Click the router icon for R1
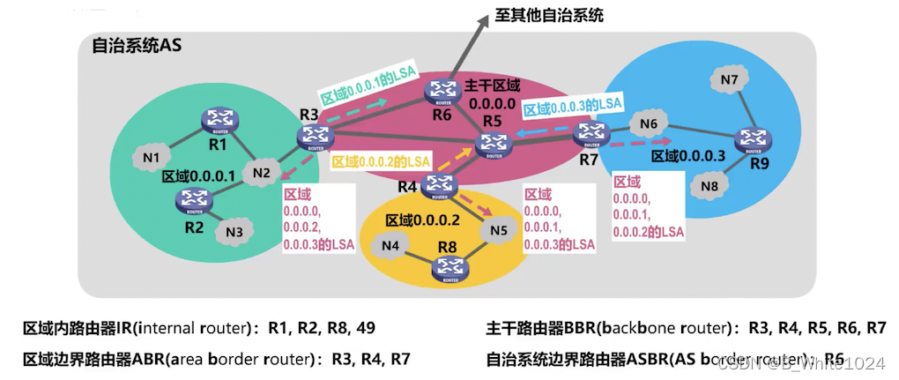(214, 120)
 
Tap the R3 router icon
(313, 136)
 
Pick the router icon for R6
(438, 91)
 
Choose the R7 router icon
(590, 135)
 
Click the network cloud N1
(151, 157)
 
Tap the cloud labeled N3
(234, 232)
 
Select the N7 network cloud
(729, 80)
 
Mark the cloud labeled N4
(390, 244)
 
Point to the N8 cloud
(711, 185)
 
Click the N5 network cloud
(499, 231)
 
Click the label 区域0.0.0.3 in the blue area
(687, 155)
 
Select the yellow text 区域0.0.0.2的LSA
(381, 161)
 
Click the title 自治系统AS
(137, 47)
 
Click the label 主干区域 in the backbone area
(493, 86)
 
